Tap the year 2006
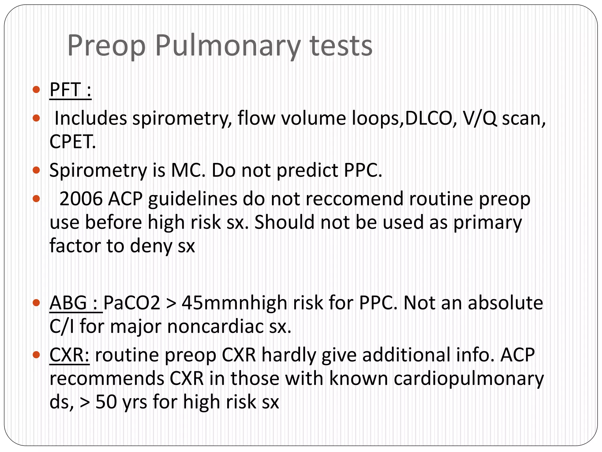tap(81, 199)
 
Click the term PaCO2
tap(132, 303)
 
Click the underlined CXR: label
tap(69, 355)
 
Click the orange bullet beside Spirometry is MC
tap(36, 170)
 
